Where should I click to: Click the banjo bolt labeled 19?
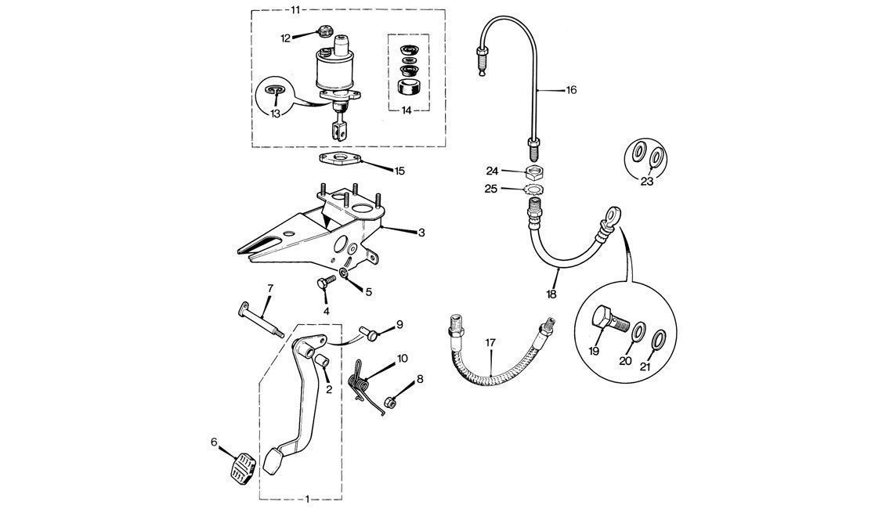609,319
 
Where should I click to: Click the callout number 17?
490,342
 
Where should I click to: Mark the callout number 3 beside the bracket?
421,233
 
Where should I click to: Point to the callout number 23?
646,181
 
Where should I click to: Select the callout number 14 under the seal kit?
406,110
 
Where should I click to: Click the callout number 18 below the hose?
551,295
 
